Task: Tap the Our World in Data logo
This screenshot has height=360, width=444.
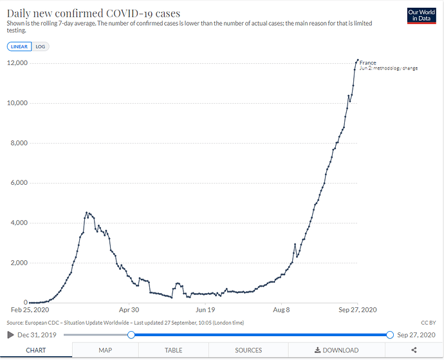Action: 422,16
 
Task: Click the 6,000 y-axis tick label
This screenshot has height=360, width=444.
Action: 17,183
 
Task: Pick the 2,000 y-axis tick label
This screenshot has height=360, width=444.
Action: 17,263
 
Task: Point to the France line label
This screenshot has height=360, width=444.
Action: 368,62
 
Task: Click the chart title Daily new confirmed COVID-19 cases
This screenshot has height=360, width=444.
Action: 93,13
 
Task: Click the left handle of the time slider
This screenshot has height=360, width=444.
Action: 131,334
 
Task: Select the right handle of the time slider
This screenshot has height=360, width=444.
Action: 390,334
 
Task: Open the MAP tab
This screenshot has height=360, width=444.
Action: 105,350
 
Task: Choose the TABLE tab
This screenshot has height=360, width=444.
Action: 173,350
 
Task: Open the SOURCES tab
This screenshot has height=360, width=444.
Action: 248,350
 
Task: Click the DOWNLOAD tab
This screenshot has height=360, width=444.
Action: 336,350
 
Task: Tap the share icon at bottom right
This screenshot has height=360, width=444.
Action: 413,350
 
